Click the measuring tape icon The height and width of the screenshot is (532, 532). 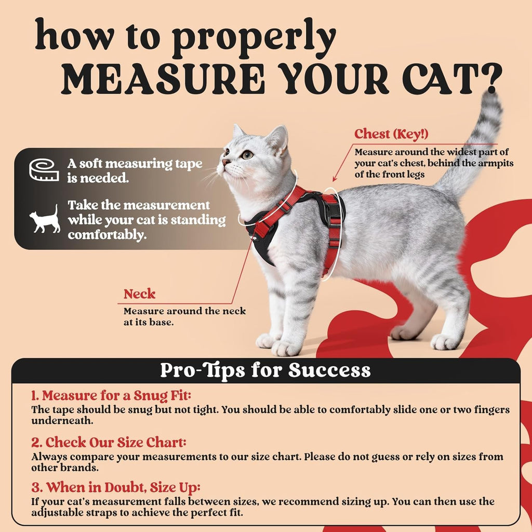[x=44, y=170]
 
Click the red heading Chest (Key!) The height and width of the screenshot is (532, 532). [x=391, y=134]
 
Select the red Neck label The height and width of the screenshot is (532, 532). [x=139, y=294]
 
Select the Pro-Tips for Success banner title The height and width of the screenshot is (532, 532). [x=265, y=370]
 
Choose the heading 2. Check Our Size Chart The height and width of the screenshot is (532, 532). [x=108, y=443]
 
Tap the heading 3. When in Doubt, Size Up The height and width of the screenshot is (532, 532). [x=115, y=488]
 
